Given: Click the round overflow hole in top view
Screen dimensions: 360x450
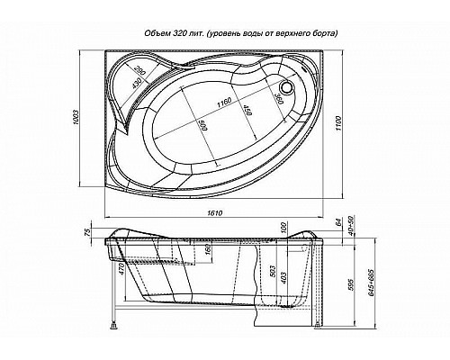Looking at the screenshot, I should [288, 88].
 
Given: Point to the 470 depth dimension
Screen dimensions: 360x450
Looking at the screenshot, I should [121, 268].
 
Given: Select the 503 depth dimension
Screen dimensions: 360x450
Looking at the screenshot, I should [271, 271].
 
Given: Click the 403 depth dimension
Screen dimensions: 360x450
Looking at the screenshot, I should [283, 276].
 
